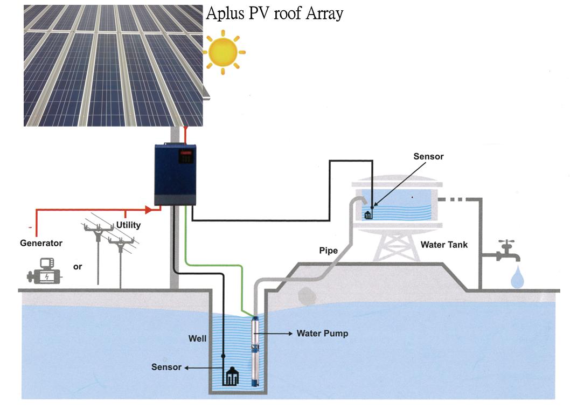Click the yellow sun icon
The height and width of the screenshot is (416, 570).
[224, 52]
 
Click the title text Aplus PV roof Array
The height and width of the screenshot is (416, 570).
[274, 13]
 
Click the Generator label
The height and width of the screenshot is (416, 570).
[41, 243]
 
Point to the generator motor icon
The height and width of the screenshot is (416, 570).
[43, 272]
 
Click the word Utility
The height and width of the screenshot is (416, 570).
[128, 225]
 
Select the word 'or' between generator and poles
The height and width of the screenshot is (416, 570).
[78, 266]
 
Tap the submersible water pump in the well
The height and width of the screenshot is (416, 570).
[254, 351]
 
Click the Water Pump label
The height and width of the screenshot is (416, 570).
[322, 334]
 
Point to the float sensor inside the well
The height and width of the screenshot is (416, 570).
[232, 376]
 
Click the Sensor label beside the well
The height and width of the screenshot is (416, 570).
[166, 368]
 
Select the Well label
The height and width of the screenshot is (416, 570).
[197, 339]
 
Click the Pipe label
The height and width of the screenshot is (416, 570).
[328, 251]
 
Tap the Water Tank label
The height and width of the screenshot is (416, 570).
[444, 245]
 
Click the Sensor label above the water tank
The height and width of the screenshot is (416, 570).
[428, 156]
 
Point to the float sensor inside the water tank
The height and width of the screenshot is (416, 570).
[369, 214]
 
